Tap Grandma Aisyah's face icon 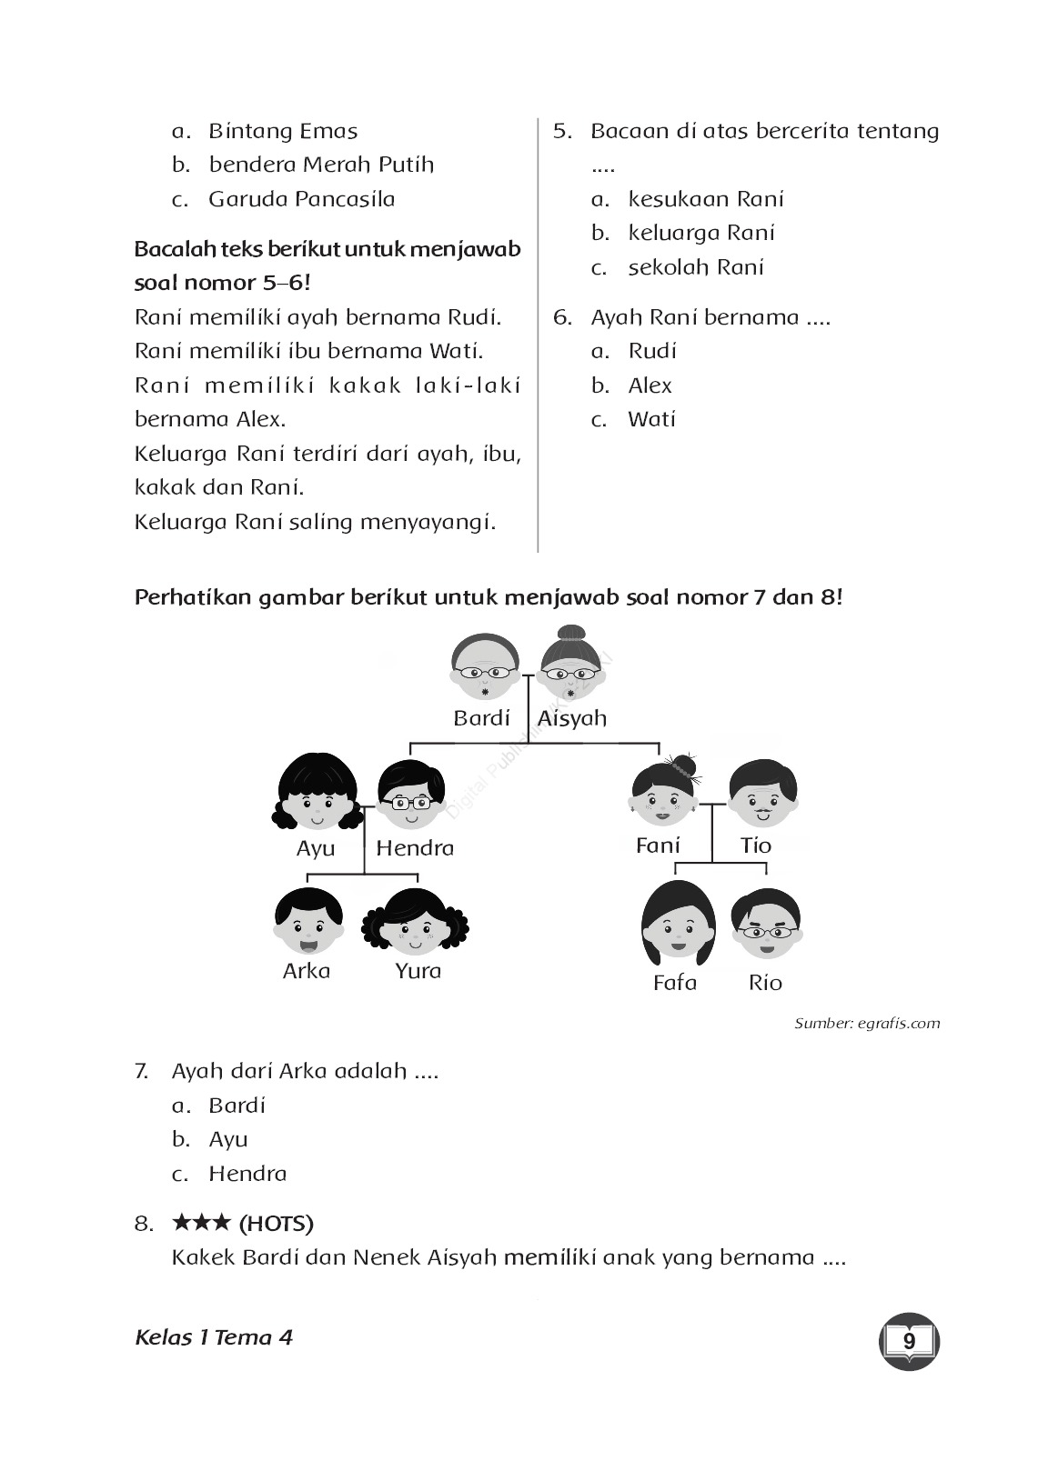(572, 666)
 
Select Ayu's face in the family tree (315, 798)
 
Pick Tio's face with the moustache (762, 796)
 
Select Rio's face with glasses (766, 924)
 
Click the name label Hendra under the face (415, 848)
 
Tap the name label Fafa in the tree (675, 983)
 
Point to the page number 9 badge (909, 1341)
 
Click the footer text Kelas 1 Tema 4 (214, 1337)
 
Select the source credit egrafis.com (867, 1024)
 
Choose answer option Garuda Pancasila (301, 199)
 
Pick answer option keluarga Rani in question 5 (701, 234)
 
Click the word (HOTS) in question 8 (277, 1224)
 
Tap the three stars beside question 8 (201, 1223)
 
